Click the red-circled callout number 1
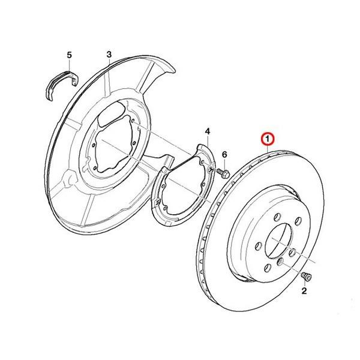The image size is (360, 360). point(267,139)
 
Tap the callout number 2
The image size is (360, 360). point(304,291)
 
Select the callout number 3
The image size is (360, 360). point(109,55)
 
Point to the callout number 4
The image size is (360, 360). point(208,131)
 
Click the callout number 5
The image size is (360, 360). point(69,55)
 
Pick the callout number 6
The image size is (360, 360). point(224,154)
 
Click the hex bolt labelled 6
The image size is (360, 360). point(223,173)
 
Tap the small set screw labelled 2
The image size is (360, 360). point(306,276)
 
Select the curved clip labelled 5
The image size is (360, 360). point(61,85)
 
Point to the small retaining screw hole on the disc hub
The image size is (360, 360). point(280,262)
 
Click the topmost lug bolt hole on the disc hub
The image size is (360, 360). point(277,217)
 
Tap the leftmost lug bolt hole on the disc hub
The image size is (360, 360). point(258,246)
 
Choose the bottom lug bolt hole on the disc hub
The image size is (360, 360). point(267,268)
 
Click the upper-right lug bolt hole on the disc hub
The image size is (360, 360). point(298,221)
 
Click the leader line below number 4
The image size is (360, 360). point(208,140)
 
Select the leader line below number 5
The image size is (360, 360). point(70,65)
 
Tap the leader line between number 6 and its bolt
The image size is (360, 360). point(224,164)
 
